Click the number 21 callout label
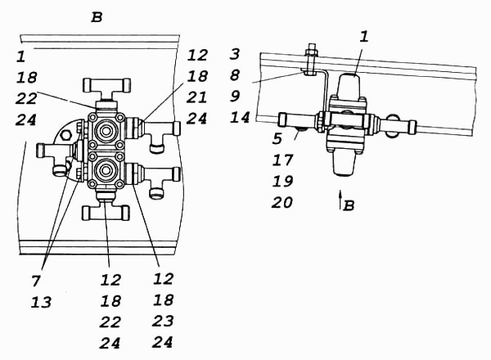pyautogui.click(x=196, y=97)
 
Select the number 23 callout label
pyautogui.click(x=163, y=322)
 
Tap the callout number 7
pyautogui.click(x=36, y=281)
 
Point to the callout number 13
pyautogui.click(x=41, y=303)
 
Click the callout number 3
pyautogui.click(x=235, y=54)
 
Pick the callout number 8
pyautogui.click(x=235, y=75)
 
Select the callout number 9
pyautogui.click(x=235, y=96)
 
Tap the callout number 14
pyautogui.click(x=240, y=118)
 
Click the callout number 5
pyautogui.click(x=277, y=138)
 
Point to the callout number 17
pyautogui.click(x=282, y=160)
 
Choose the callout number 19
pyautogui.click(x=282, y=182)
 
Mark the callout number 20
pyautogui.click(x=282, y=203)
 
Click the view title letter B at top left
pyautogui.click(x=97, y=17)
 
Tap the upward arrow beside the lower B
pyautogui.click(x=340, y=199)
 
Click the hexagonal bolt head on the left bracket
pyautogui.click(x=66, y=135)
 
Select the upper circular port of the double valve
pyautogui.click(x=106, y=129)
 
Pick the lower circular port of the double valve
pyautogui.click(x=106, y=170)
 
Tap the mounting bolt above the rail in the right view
pyautogui.click(x=311, y=60)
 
